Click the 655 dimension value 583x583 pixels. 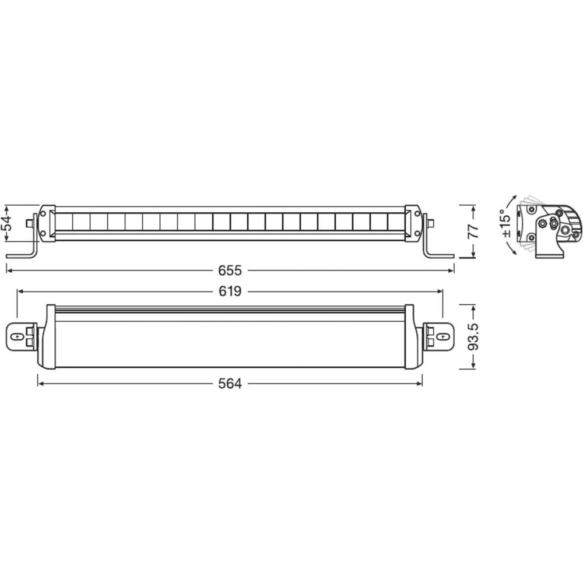[x=230, y=270]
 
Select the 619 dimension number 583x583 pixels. [x=230, y=291]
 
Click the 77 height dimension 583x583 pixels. [x=473, y=230]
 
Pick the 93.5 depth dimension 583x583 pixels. [x=473, y=336]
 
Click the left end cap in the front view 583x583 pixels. [x=47, y=222]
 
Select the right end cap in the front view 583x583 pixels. [x=413, y=222]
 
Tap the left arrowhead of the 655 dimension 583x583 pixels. [x=8, y=270]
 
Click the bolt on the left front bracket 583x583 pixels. [x=29, y=223]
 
